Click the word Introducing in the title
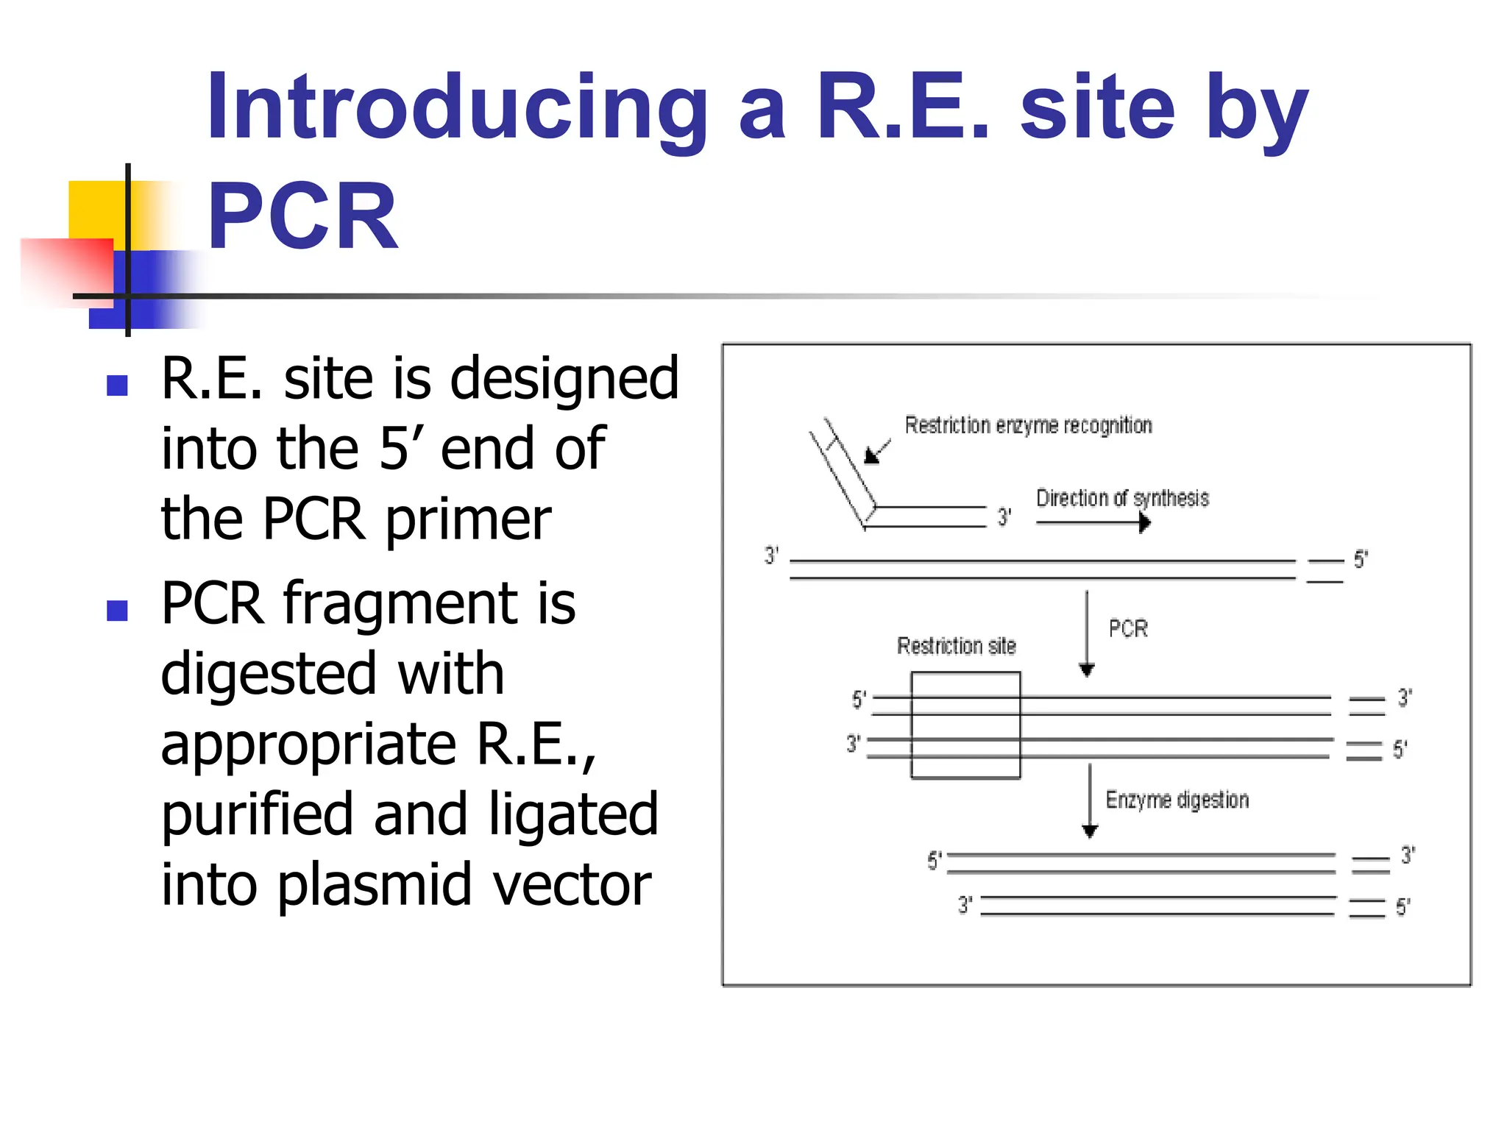456,109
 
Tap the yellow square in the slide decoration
96,209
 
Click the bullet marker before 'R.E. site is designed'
117,385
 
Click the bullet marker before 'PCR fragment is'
117,610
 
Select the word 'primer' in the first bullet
468,520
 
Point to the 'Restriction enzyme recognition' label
1028,426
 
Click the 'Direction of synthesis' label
1122,499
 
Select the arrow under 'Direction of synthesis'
1093,523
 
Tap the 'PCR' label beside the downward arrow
1128,629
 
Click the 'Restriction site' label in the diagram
956,646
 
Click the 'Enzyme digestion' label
1177,800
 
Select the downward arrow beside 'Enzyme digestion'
1090,802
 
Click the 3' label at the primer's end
1004,517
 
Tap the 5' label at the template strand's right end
1361,560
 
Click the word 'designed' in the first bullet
564,379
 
